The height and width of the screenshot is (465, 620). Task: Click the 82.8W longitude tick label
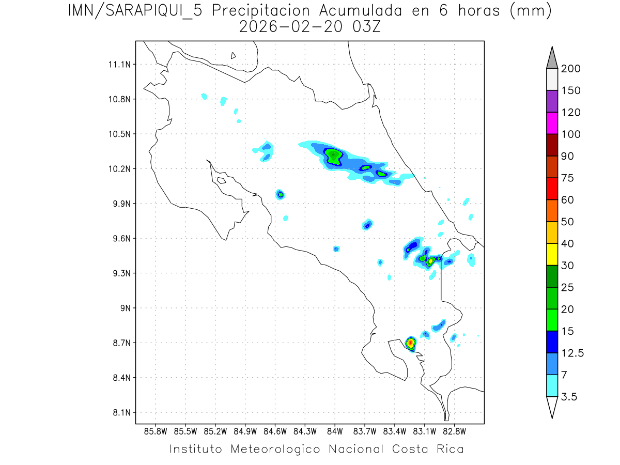tap(454, 431)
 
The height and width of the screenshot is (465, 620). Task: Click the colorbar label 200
tap(570, 69)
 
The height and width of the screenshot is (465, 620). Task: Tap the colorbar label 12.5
tap(573, 353)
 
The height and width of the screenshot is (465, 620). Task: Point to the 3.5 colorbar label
tap(569, 397)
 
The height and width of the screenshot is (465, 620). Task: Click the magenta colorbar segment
tap(552, 123)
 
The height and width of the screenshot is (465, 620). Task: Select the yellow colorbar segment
tap(552, 254)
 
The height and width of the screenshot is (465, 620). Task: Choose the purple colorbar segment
tap(552, 101)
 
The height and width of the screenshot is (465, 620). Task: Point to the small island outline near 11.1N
tap(234, 55)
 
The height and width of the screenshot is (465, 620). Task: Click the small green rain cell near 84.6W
tap(280, 194)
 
